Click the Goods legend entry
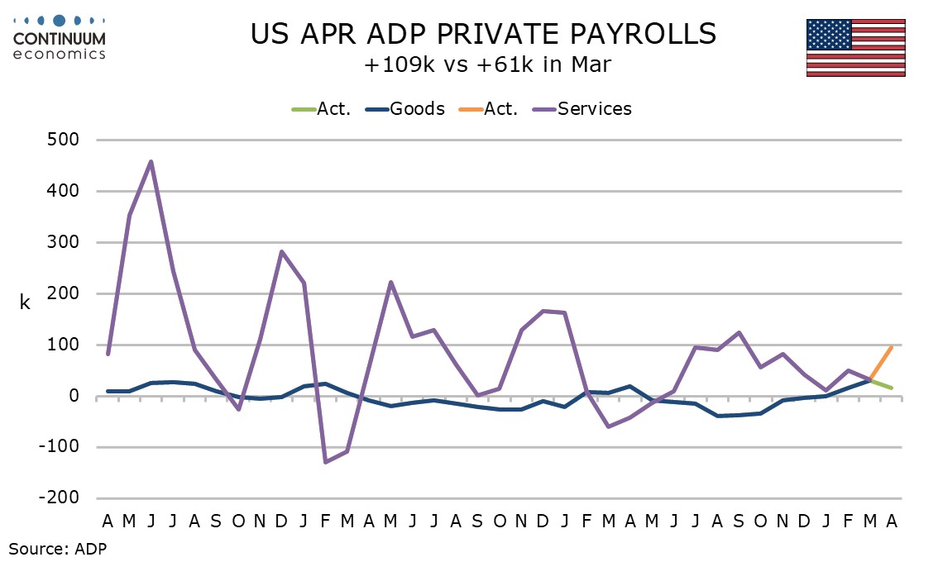tap(405, 109)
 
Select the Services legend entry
tap(582, 109)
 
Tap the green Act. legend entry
tap(321, 109)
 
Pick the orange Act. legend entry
tap(488, 109)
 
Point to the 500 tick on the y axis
tap(63, 140)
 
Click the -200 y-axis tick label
tap(59, 498)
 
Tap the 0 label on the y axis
tap(74, 396)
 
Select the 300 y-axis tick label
tap(63, 242)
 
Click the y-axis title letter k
tap(25, 302)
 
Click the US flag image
tap(855, 48)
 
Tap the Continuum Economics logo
tap(60, 38)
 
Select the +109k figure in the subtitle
tap(399, 64)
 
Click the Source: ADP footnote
tap(57, 548)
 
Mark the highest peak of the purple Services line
tap(151, 161)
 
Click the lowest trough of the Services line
tap(325, 462)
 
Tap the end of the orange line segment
tap(892, 347)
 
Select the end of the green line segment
tap(892, 388)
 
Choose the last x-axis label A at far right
tap(892, 522)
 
